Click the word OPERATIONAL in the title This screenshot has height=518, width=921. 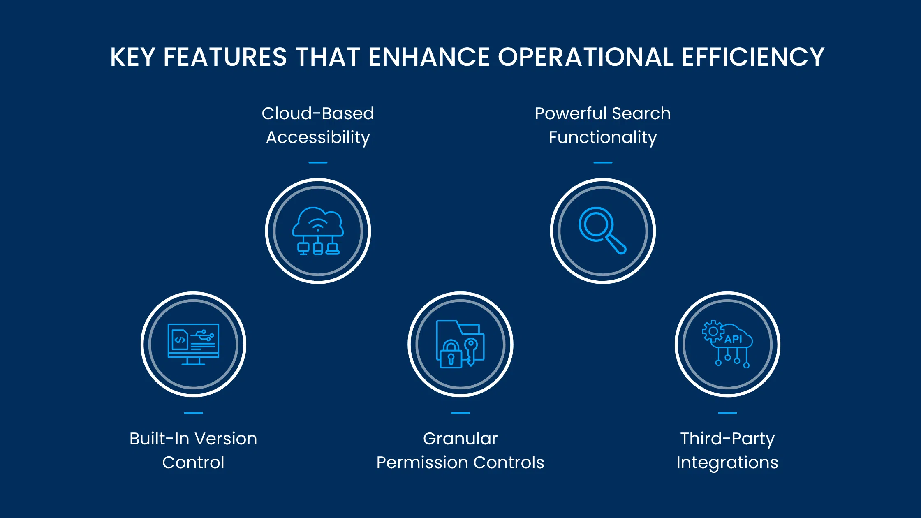click(x=585, y=57)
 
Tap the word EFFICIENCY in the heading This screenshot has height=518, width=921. click(x=753, y=57)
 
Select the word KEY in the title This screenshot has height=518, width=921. click(x=132, y=57)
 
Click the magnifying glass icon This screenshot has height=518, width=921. click(x=602, y=230)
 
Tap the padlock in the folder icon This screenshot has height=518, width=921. click(x=451, y=355)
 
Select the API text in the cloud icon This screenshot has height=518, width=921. click(x=733, y=339)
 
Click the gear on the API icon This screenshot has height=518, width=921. click(x=713, y=331)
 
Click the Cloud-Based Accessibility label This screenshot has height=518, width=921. click(x=318, y=125)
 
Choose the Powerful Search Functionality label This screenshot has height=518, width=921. click(x=603, y=125)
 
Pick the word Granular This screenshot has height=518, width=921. click(x=460, y=439)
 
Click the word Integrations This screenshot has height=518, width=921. click(x=727, y=462)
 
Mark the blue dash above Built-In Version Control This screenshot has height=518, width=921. click(x=193, y=412)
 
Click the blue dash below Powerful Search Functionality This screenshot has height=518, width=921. click(x=603, y=162)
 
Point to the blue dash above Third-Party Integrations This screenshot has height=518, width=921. click(x=727, y=412)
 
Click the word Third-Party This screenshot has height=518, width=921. click(x=727, y=439)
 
